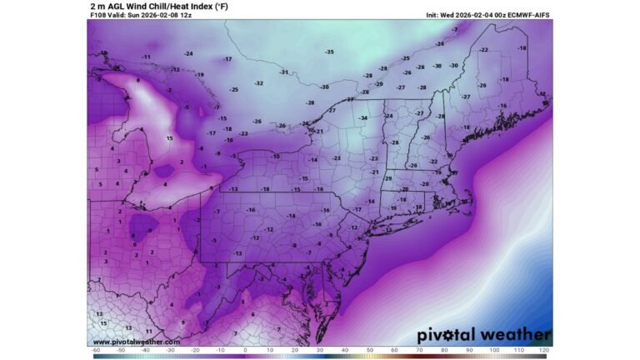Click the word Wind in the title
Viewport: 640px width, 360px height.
(136, 6)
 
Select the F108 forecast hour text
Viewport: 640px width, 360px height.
(98, 15)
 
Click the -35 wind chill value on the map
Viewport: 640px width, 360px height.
(329, 52)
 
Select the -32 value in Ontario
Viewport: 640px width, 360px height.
(259, 83)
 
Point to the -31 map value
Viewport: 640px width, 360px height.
(283, 72)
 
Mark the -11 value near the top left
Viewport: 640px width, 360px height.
(146, 57)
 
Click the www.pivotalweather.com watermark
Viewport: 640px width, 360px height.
(136, 342)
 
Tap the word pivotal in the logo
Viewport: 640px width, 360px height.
(451, 335)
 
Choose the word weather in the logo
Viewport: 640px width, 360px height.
(518, 335)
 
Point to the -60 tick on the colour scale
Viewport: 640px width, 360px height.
(96, 351)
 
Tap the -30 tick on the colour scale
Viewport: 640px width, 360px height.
(170, 351)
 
